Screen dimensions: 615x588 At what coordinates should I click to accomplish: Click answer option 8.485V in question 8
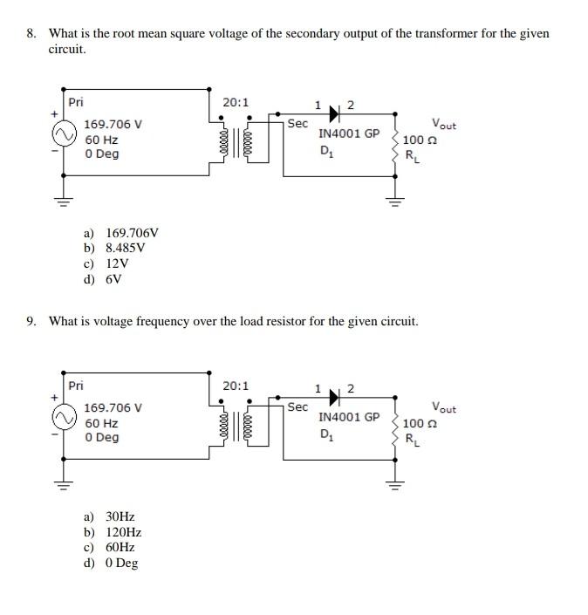click(124, 248)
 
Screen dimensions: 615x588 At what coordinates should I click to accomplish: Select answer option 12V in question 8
click(117, 263)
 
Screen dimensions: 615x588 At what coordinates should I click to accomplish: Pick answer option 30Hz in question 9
click(120, 516)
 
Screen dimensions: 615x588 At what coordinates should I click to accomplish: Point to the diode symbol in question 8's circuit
click(333, 117)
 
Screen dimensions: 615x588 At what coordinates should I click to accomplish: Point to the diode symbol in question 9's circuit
click(333, 400)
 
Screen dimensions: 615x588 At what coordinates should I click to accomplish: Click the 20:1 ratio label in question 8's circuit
click(236, 102)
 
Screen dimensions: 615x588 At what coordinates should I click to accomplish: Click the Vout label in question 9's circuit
click(444, 408)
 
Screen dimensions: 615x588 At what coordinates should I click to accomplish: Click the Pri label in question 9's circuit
click(77, 385)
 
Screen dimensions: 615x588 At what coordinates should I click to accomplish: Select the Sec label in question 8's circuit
click(297, 124)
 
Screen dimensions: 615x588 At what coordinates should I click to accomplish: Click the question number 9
click(31, 321)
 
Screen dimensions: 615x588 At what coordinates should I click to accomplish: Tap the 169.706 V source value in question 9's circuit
click(113, 407)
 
